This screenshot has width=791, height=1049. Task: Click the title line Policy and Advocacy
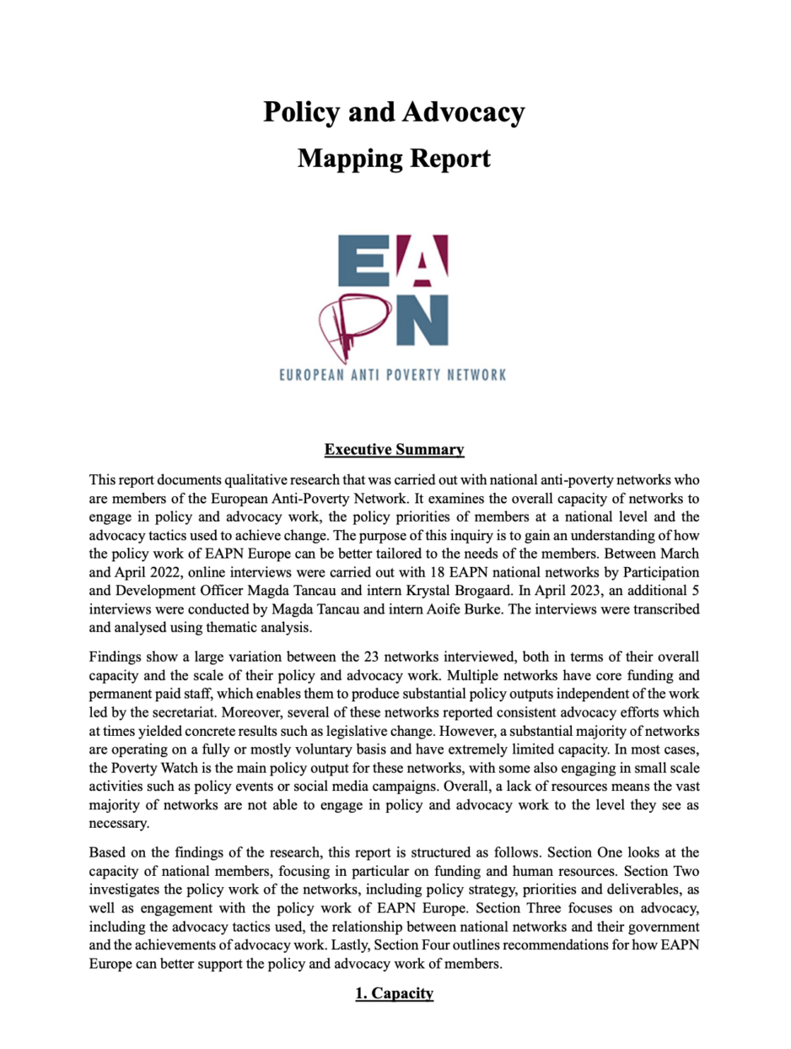(x=394, y=111)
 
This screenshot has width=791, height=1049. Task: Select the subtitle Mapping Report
(x=394, y=157)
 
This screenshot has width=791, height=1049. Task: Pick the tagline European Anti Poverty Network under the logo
(x=393, y=374)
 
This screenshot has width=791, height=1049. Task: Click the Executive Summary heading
(x=394, y=449)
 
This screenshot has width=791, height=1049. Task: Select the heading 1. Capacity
(x=394, y=993)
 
